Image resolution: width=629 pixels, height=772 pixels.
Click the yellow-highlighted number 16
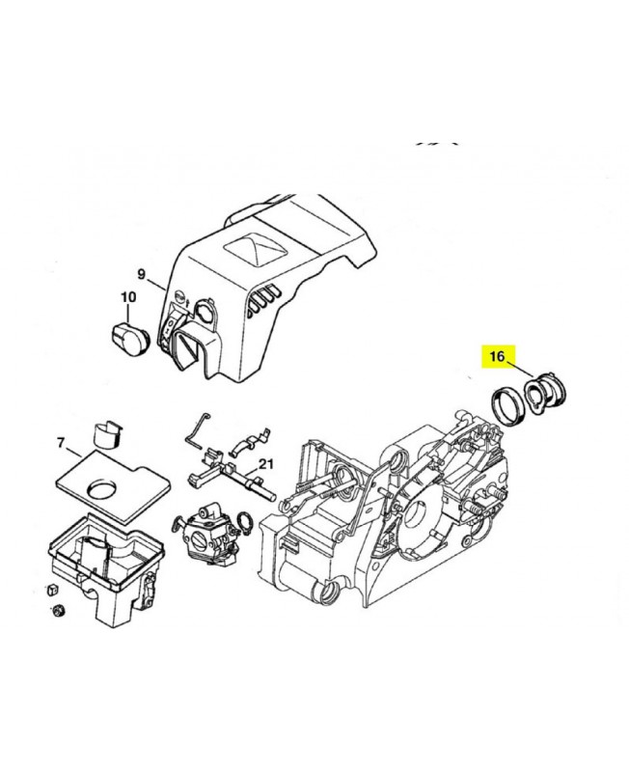[497, 355]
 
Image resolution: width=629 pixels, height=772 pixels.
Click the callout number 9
[141, 274]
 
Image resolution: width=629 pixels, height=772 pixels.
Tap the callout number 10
[128, 297]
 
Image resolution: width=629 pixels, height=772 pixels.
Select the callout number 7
[61, 443]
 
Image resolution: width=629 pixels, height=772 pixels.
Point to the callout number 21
[265, 464]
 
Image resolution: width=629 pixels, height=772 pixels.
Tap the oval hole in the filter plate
[103, 488]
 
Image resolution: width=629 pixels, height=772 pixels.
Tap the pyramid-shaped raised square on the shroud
[255, 250]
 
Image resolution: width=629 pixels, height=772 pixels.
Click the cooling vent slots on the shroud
[263, 300]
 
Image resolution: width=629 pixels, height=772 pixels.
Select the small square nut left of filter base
[52, 590]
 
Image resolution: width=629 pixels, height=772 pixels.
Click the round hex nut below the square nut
[59, 610]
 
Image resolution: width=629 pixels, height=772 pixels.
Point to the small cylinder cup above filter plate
[107, 435]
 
